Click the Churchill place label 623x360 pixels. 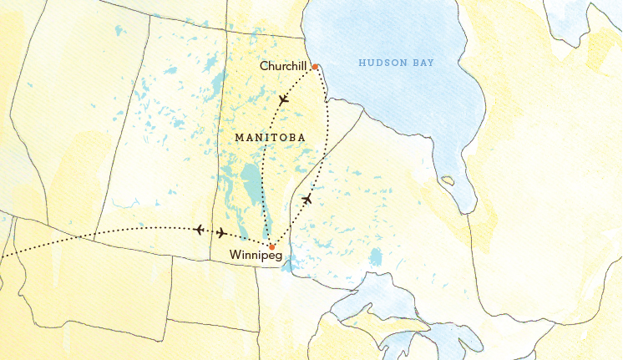285,66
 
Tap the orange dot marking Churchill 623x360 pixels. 315,67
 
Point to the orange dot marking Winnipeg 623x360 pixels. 271,246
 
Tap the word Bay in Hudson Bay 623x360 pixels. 423,63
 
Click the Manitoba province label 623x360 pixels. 269,136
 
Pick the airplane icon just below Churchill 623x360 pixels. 283,99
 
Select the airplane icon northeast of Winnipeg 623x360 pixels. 307,199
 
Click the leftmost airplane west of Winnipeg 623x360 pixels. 199,229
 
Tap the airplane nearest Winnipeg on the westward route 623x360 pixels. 221,233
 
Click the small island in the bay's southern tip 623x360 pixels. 448,180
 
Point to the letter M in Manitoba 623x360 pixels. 241,136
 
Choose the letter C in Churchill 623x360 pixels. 263,66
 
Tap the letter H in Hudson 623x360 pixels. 361,63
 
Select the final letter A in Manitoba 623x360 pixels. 299,136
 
